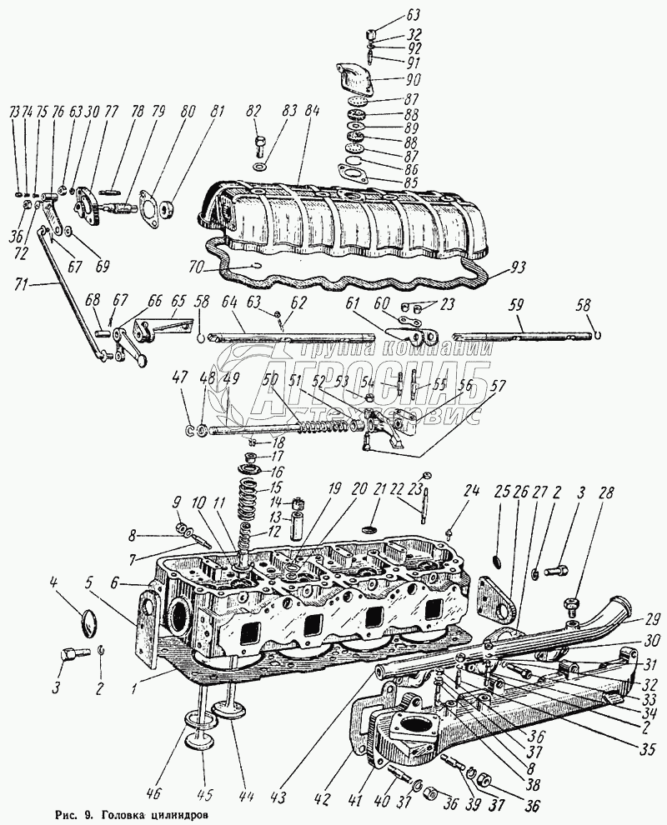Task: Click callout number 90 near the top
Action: pos(414,80)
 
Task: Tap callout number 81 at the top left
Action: pos(218,111)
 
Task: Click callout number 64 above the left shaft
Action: pos(231,302)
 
